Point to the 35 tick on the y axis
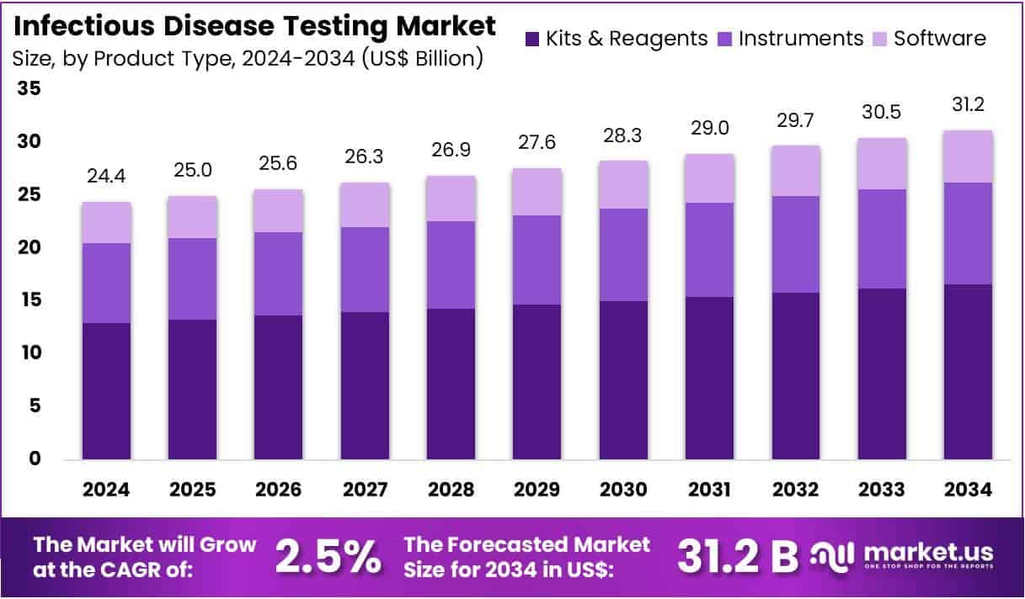(29, 89)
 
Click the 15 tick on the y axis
(29, 300)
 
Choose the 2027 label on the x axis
(366, 490)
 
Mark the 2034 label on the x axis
(968, 490)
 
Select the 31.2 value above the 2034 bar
(968, 104)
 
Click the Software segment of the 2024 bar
(106, 223)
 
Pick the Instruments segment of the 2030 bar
(624, 255)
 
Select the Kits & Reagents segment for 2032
(797, 376)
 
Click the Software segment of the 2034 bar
(968, 156)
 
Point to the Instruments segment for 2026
(279, 273)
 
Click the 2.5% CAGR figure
(328, 556)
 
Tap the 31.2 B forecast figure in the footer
(738, 556)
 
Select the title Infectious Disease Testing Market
(255, 26)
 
